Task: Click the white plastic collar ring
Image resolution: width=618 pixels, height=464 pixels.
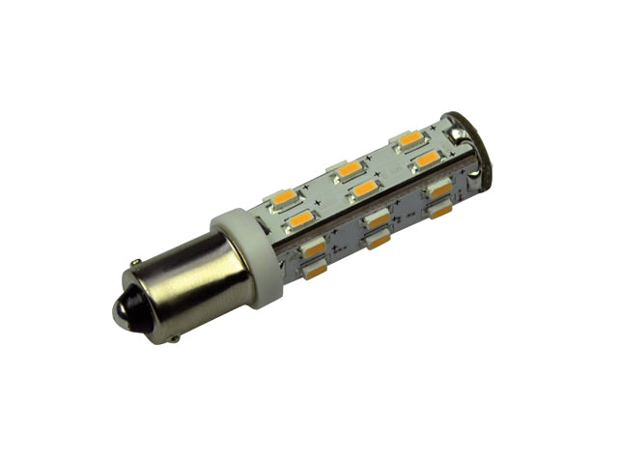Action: click(x=246, y=255)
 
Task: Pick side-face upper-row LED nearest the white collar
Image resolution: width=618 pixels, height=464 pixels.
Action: click(x=314, y=249)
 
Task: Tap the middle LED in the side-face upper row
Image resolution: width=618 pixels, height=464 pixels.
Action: click(x=378, y=218)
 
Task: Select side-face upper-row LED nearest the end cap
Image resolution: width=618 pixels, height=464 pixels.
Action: click(x=439, y=189)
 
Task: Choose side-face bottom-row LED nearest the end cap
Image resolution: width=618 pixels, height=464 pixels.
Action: click(x=441, y=210)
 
